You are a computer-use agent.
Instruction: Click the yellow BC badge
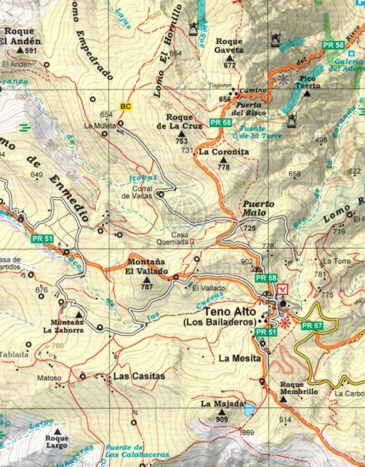pyautogui.click(x=126, y=106)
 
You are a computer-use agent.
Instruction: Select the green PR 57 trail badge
pyautogui.click(x=312, y=326)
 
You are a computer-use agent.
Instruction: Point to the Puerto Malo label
pyautogui.click(x=255, y=208)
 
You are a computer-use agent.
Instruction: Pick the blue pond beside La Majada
pyautogui.click(x=249, y=410)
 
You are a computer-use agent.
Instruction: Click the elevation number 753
pyautogui.click(x=181, y=141)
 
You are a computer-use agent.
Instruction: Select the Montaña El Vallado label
pyautogui.click(x=147, y=267)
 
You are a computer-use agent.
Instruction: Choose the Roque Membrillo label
pyautogui.click(x=299, y=388)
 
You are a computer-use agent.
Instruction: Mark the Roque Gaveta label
pyautogui.click(x=229, y=45)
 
